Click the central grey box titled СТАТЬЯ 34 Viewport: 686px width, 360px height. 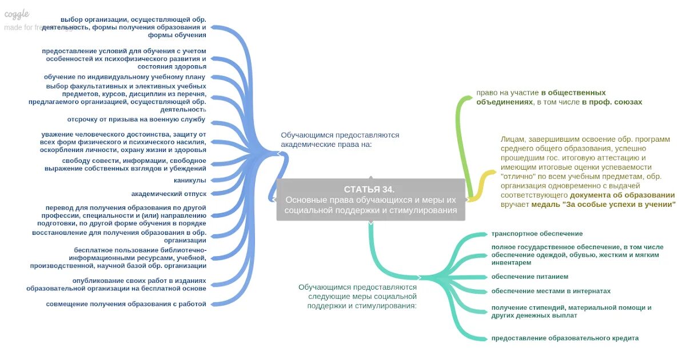(371, 200)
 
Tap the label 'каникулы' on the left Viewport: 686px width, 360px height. (190, 181)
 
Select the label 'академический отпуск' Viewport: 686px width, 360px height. (169, 194)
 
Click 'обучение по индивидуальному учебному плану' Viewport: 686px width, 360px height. (125, 77)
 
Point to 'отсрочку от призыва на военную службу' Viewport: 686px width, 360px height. (136, 119)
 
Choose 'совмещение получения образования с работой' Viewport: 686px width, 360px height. (126, 304)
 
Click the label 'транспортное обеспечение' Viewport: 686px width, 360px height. (537, 234)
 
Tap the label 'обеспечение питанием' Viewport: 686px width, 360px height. (529, 277)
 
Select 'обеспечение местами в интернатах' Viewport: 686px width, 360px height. (551, 291)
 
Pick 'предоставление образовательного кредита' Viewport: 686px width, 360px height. (565, 338)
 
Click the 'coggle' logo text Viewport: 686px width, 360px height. (17, 14)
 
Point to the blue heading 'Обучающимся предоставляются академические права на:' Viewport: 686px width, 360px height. (340, 139)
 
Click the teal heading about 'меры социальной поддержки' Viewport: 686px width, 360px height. (357, 296)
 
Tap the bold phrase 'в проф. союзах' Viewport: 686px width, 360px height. (612, 102)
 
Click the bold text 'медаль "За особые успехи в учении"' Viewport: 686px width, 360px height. (603, 203)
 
